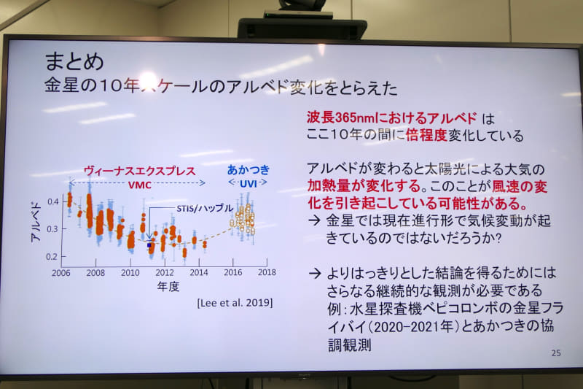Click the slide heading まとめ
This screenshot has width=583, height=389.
point(74,60)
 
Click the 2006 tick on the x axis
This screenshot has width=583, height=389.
point(61,272)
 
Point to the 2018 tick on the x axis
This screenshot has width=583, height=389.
point(267,272)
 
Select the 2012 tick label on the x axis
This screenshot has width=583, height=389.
point(164,272)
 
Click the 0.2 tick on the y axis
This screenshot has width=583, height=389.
point(52,257)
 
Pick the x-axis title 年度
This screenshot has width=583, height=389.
point(168,287)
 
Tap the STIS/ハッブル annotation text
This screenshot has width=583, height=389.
point(204,208)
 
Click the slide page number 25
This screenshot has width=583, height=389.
point(556,353)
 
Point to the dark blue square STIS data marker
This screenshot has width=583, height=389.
point(150,245)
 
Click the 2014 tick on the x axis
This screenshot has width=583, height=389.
point(198,272)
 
